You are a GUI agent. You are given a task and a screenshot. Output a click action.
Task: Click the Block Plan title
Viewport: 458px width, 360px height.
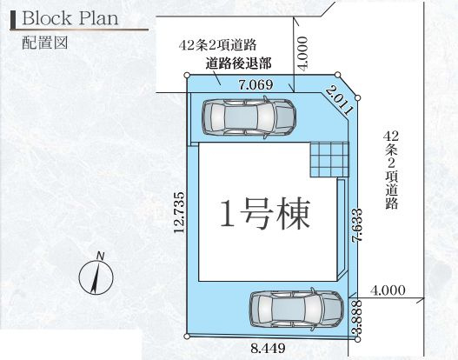tap(70, 19)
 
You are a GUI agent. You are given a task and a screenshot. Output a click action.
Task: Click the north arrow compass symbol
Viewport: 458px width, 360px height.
tap(93, 277)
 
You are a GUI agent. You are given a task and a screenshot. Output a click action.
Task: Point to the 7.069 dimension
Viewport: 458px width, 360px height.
tap(255, 84)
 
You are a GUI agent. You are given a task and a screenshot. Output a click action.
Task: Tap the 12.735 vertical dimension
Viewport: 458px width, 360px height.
tap(179, 214)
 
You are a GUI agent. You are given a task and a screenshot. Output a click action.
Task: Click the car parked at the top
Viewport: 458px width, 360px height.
tap(248, 117)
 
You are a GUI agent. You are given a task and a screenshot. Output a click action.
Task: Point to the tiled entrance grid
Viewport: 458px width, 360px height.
tap(329, 159)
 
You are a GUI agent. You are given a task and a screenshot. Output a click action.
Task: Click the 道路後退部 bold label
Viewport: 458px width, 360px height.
tap(239, 63)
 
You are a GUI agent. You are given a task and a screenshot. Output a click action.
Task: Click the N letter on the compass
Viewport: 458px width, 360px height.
tap(101, 255)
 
